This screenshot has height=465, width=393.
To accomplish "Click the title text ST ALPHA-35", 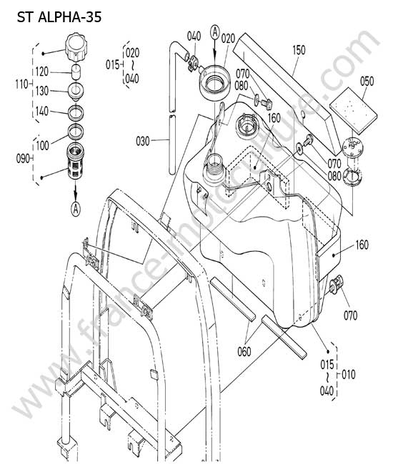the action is click(59, 17).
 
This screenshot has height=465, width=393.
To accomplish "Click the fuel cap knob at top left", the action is click(76, 47).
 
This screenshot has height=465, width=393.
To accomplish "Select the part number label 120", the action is click(41, 72).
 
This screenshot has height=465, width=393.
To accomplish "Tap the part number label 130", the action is click(41, 91).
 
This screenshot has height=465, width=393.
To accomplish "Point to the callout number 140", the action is click(41, 112).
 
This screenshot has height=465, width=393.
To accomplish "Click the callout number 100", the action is click(42, 146).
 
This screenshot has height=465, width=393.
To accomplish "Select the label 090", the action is click(23, 158).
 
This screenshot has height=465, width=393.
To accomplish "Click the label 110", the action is click(21, 84).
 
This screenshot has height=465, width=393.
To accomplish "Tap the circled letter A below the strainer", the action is click(76, 209).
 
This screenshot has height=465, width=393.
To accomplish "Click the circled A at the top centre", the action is click(215, 32).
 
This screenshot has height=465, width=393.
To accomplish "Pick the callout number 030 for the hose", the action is click(143, 141).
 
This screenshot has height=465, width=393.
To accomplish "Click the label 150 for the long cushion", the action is click(299, 50).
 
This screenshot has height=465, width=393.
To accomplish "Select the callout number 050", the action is click(367, 82).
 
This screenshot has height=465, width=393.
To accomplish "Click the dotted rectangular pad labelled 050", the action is click(353, 109).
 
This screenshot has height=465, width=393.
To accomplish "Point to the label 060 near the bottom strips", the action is click(244, 352).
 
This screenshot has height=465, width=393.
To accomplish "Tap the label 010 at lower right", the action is click(348, 375).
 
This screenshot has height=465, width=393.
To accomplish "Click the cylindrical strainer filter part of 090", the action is click(76, 161).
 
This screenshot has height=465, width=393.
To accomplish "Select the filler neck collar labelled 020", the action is click(214, 82).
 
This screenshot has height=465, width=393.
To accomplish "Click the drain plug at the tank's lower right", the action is click(336, 285).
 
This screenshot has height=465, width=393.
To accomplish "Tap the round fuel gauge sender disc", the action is click(352, 147).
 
